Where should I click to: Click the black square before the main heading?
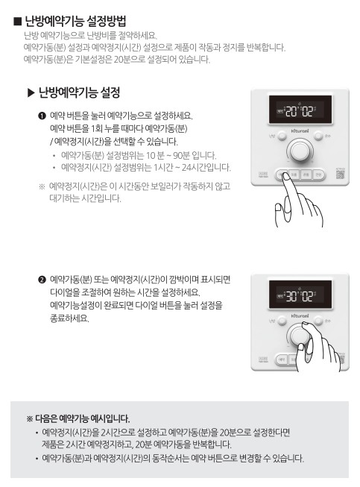tap(17, 21)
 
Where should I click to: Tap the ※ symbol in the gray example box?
tap(30, 418)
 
